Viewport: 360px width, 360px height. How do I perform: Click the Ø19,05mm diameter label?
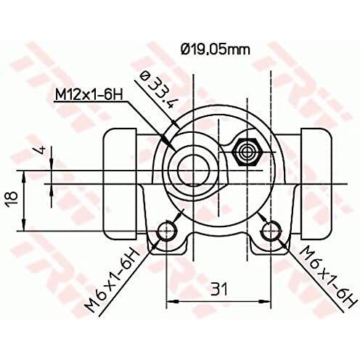point(215,50)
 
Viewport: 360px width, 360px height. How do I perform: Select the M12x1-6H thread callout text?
point(89,94)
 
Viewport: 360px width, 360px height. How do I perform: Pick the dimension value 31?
point(219,289)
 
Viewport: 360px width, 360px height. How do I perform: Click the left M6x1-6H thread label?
point(112,280)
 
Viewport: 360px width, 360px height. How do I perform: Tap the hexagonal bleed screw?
point(246,152)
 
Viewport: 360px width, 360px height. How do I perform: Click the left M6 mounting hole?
point(167,231)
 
